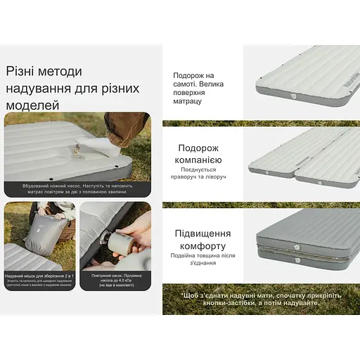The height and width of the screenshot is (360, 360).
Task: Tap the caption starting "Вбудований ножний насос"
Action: point(77,189)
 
